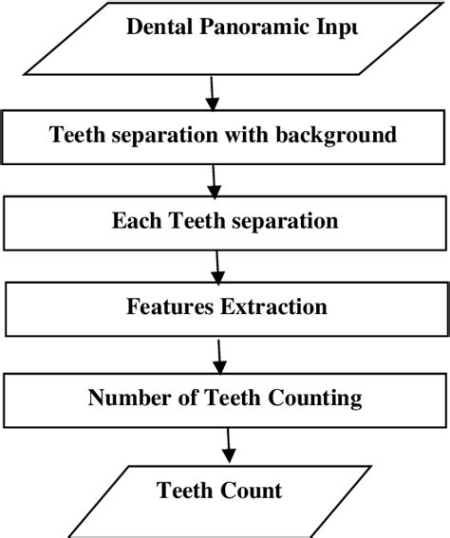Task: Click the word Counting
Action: pyautogui.click(x=312, y=398)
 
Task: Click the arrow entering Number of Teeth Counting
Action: pyautogui.click(x=222, y=356)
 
